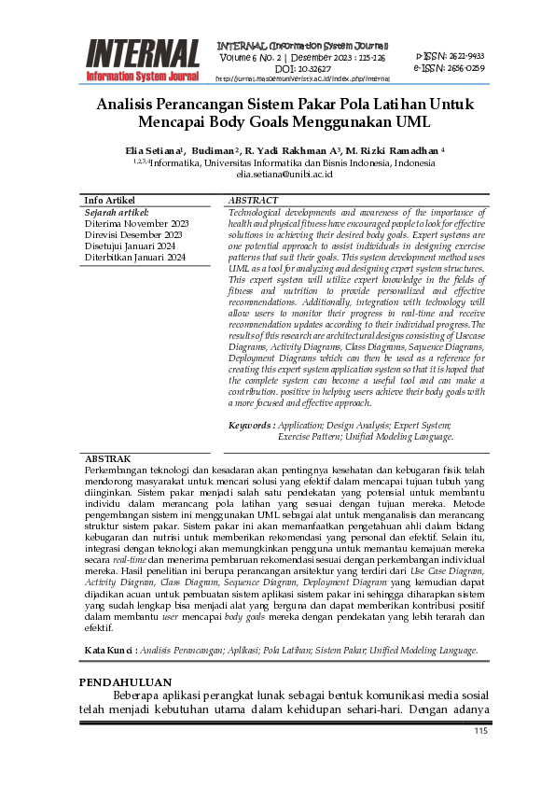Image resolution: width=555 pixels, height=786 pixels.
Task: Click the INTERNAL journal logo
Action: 143,59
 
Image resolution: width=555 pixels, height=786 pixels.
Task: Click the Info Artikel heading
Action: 109,201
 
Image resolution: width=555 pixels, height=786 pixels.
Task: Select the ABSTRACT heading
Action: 253,201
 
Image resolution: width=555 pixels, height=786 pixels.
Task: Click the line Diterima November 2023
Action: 136,224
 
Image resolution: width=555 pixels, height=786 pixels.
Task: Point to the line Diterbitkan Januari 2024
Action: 135,258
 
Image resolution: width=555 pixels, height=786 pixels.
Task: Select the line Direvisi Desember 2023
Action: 133,235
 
